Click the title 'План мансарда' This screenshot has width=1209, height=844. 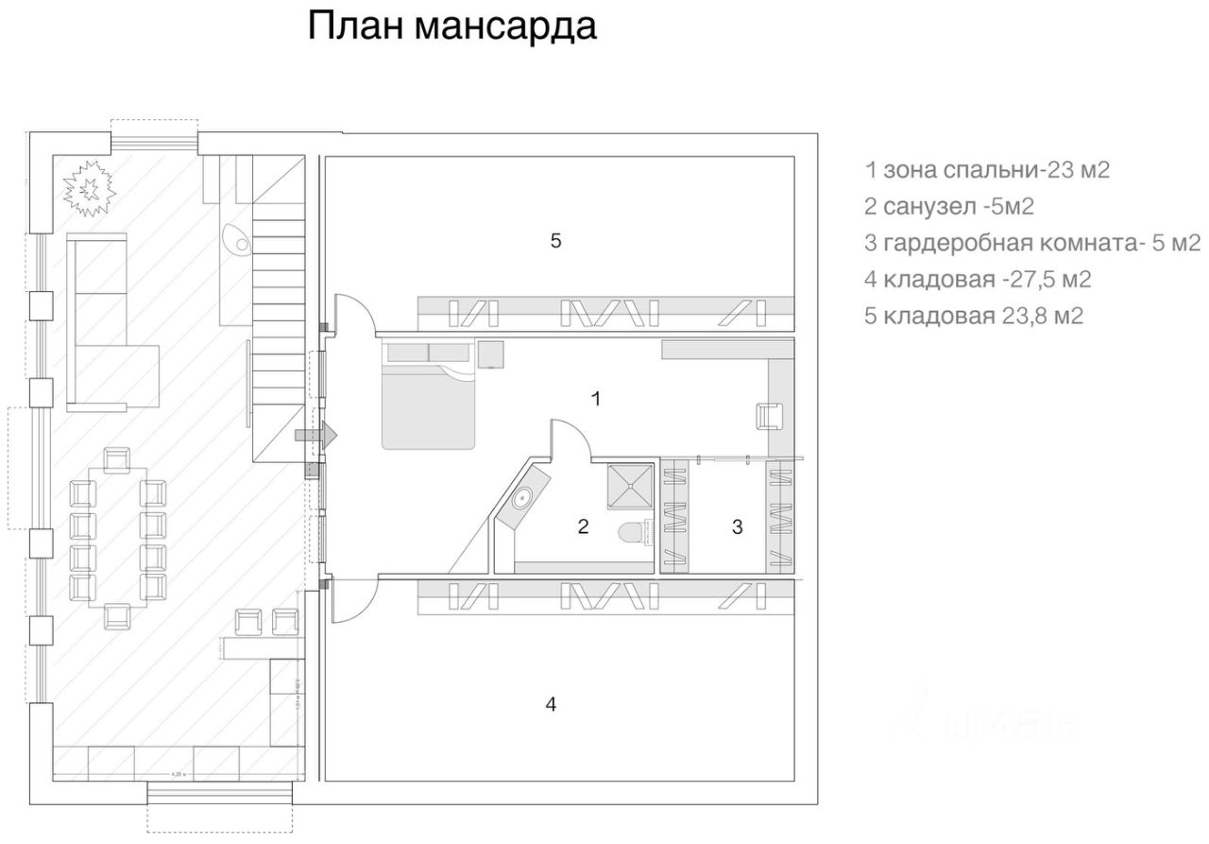(451, 26)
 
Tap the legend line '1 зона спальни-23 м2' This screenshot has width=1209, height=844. (986, 170)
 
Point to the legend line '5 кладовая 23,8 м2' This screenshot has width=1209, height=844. (973, 316)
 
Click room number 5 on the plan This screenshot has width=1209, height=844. (556, 241)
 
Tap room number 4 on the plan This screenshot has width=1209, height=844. (552, 703)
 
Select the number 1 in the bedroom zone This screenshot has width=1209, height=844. (595, 398)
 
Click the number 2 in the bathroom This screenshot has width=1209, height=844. (583, 526)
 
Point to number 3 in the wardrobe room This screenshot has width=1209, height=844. (738, 526)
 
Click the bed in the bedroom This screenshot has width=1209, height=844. (428, 406)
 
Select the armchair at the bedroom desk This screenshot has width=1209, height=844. (770, 415)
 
